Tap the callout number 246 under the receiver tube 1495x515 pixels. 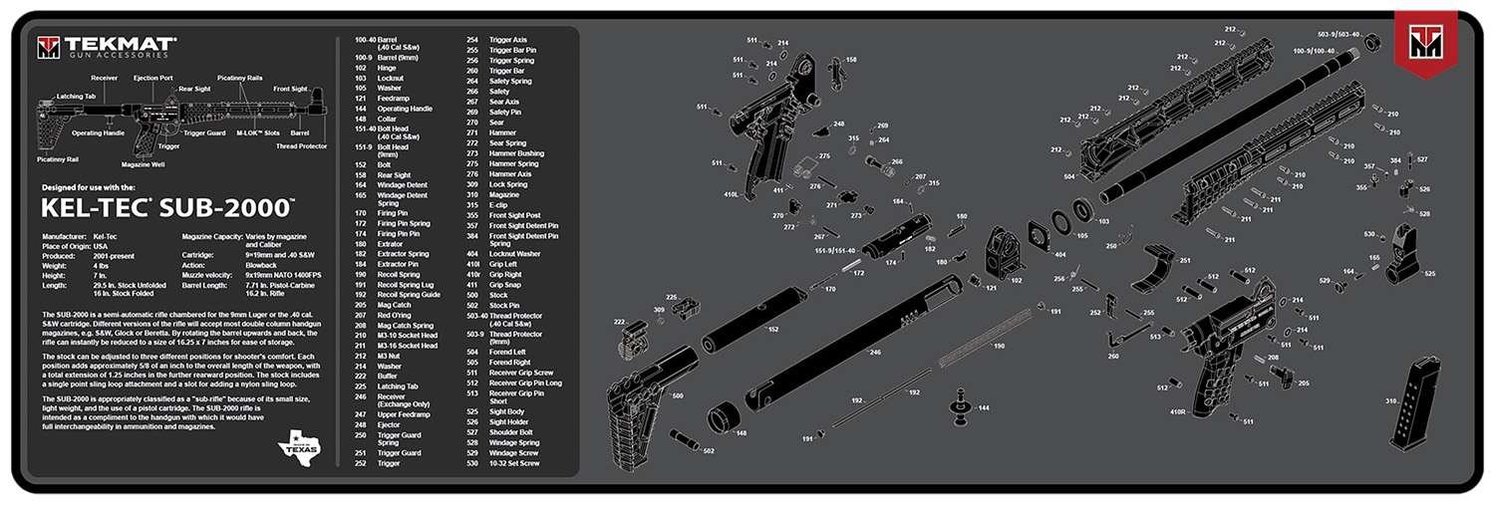(x=875, y=352)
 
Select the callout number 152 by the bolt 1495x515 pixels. (x=772, y=329)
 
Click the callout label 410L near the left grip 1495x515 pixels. (x=731, y=194)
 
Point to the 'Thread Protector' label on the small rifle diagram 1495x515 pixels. (x=301, y=146)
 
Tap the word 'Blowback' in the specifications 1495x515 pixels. (x=262, y=265)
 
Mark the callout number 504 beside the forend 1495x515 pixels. (x=1068, y=176)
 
